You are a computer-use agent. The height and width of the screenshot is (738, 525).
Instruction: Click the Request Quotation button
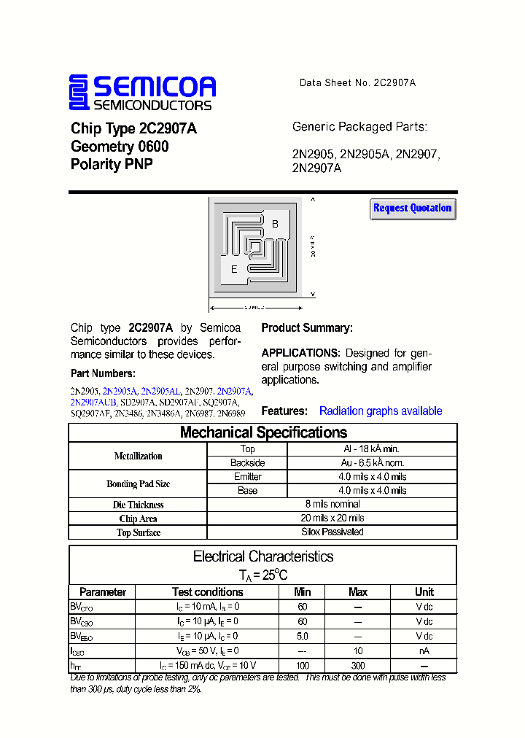click(413, 209)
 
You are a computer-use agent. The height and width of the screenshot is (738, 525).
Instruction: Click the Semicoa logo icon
click(79, 93)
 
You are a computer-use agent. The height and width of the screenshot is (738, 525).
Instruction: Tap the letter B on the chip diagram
click(275, 224)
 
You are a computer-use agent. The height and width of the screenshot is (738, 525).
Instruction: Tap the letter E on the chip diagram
click(234, 269)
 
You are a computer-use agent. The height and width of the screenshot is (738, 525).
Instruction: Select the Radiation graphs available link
click(381, 411)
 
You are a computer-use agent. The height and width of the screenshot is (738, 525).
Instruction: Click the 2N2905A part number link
click(120, 392)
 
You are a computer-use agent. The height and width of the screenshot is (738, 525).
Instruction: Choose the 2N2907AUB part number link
click(93, 402)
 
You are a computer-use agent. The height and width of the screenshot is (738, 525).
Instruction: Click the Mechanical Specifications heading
click(263, 432)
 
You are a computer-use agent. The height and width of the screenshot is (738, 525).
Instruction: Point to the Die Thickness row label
click(138, 505)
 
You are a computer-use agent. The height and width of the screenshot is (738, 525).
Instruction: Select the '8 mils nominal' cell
click(332, 504)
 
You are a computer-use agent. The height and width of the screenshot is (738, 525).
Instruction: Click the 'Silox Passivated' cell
click(332, 532)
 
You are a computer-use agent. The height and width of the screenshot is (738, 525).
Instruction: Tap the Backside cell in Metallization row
click(247, 463)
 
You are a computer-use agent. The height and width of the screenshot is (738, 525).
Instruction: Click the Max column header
click(358, 592)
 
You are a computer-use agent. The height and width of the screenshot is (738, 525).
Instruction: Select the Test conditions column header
click(207, 592)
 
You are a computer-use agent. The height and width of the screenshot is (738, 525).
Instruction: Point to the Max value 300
click(358, 666)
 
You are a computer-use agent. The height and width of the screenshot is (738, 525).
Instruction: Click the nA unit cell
click(424, 651)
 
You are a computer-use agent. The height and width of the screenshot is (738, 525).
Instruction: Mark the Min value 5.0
click(302, 637)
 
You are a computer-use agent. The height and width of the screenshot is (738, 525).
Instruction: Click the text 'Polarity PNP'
click(112, 165)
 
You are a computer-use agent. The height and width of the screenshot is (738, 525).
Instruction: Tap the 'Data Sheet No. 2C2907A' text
click(357, 83)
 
